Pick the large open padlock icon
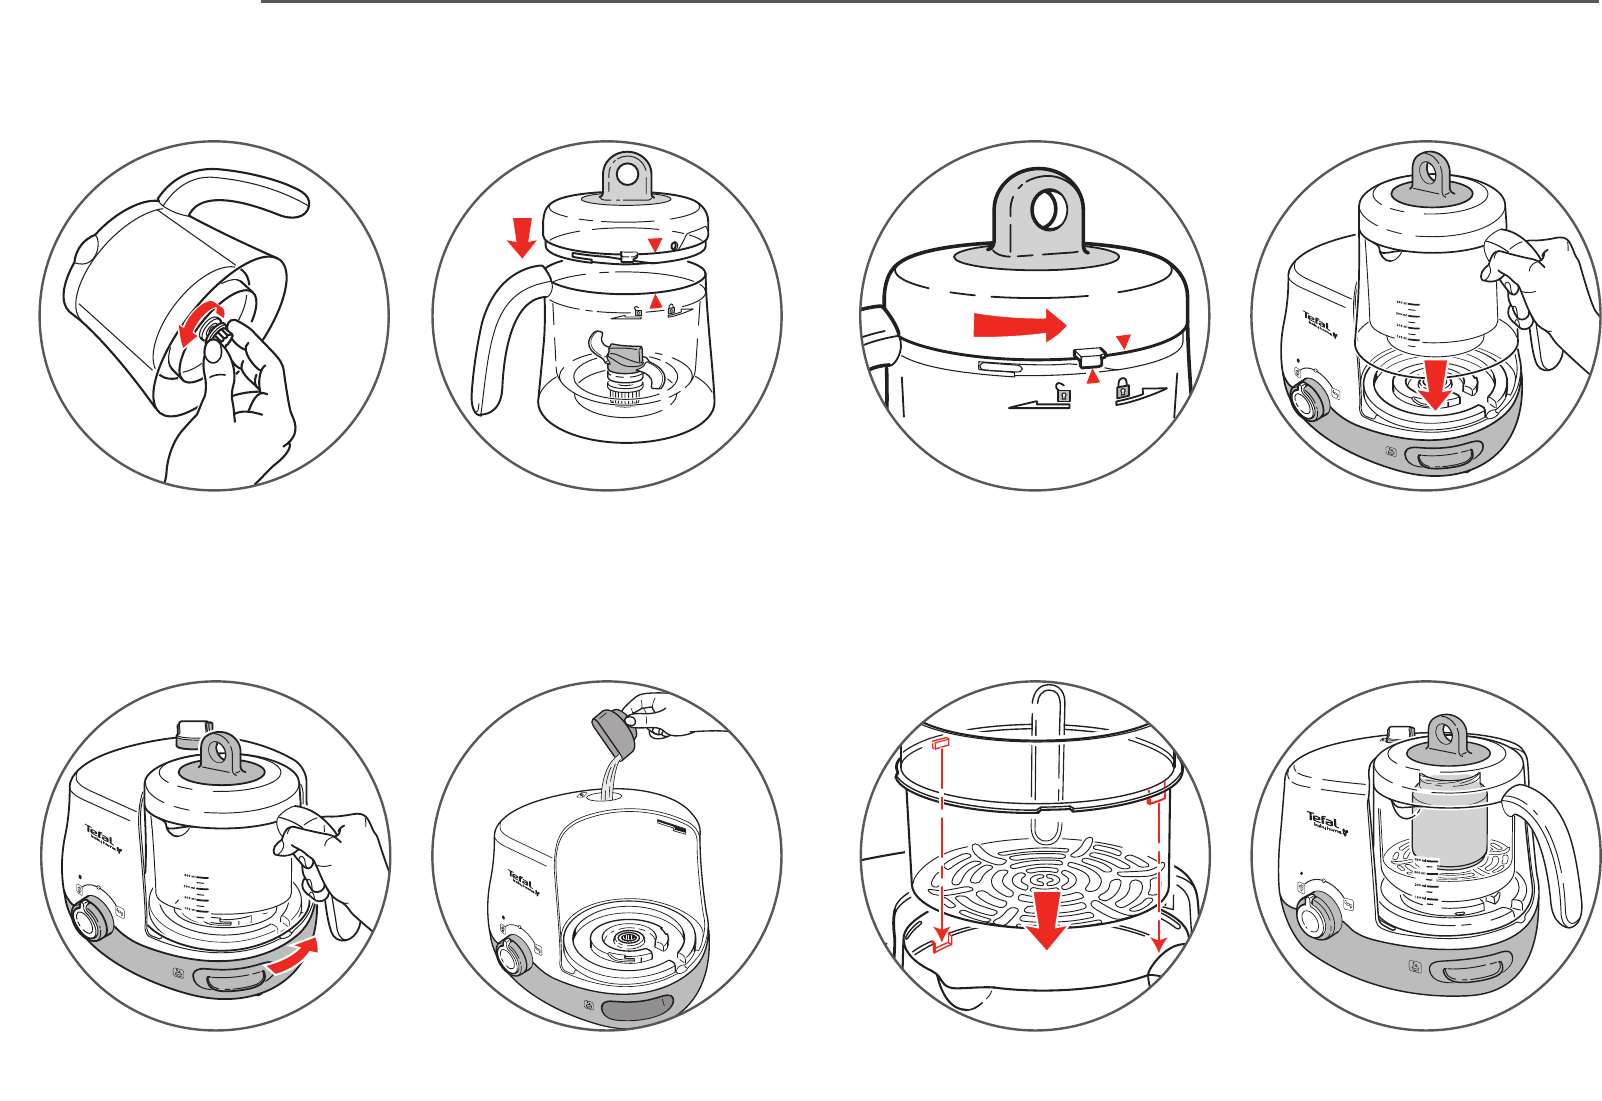pyautogui.click(x=1063, y=393)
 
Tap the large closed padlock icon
pyautogui.click(x=1124, y=388)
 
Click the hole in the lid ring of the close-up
pyautogui.click(x=1046, y=211)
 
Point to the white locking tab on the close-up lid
pyautogui.click(x=1088, y=356)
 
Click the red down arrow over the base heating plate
pyautogui.click(x=1436, y=385)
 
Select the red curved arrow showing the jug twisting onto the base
pyautogui.click(x=299, y=956)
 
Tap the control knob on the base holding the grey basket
pyautogui.click(x=1318, y=916)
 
